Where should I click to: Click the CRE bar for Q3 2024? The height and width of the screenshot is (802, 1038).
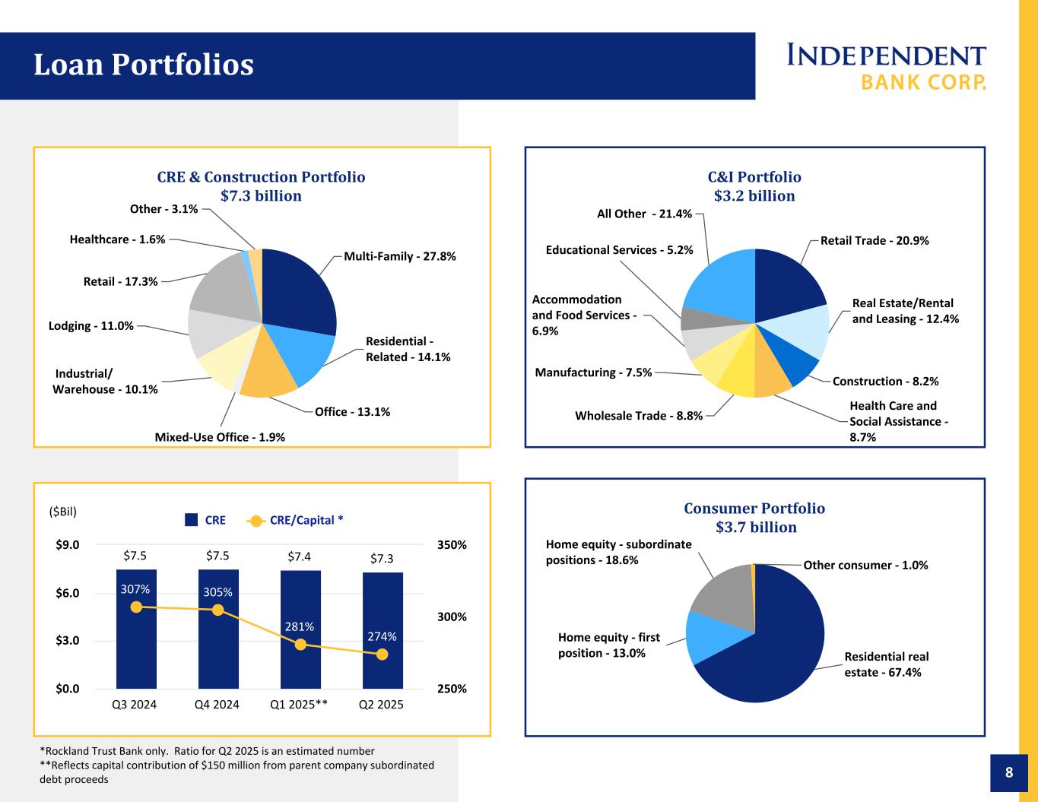136,646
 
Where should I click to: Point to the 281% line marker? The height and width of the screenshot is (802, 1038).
300,644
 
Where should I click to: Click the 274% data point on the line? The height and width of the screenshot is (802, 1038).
383,654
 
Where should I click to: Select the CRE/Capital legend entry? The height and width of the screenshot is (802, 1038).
297,520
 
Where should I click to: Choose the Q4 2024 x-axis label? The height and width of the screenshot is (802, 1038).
217,705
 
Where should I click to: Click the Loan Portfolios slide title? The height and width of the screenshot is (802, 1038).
143,65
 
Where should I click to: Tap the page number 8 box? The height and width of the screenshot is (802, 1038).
1009,773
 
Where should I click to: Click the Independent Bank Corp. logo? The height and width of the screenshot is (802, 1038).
886,66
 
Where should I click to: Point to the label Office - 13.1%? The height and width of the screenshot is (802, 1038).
352,412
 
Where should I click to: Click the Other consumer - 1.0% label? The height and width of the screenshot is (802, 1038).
865,565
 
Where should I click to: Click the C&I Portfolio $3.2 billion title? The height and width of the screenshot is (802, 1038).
754,186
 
